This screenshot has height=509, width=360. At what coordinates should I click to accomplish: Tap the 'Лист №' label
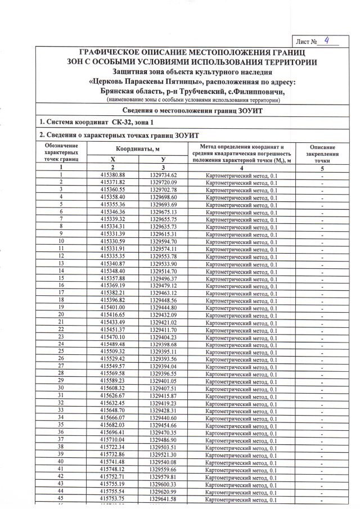tap(309, 42)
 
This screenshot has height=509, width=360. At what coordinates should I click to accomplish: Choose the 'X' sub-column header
tap(112, 160)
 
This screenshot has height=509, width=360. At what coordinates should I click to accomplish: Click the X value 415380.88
tap(112, 175)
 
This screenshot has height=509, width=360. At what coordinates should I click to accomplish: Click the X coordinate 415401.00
tap(112, 308)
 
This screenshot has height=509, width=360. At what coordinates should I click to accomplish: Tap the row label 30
tap(60, 388)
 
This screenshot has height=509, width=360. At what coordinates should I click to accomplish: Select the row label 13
tap(60, 263)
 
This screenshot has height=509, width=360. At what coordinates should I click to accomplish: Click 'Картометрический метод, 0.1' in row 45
tap(241, 499)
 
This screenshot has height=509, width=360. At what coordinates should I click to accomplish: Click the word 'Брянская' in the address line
tap(120, 91)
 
